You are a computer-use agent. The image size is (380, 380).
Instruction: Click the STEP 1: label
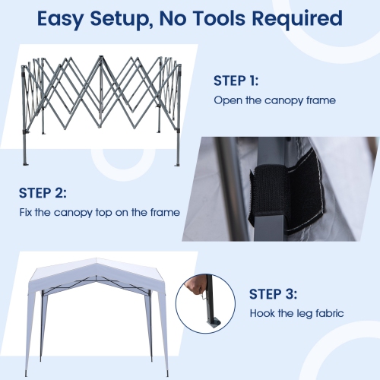tap(236, 79)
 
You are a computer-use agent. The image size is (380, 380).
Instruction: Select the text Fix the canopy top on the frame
tap(100, 213)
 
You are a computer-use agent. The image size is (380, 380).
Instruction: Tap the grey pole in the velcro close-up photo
tap(228, 190)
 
